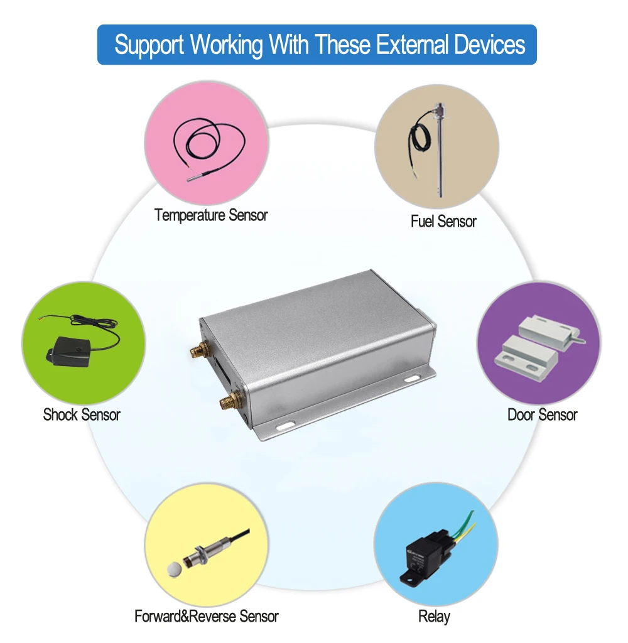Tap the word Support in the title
point(149,45)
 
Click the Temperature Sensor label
point(211,215)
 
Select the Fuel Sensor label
point(443,221)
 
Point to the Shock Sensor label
point(82,414)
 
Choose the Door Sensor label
point(542,414)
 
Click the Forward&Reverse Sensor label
point(207,616)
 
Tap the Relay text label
point(434,616)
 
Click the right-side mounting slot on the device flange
point(411,379)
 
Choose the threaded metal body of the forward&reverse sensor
point(200,554)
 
